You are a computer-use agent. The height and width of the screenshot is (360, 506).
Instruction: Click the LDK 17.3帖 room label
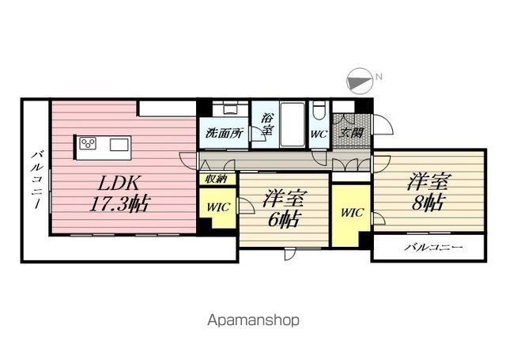click(119, 193)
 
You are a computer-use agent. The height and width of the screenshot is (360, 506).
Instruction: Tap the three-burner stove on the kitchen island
click(88, 143)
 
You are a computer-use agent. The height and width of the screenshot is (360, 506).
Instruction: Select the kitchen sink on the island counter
click(119, 144)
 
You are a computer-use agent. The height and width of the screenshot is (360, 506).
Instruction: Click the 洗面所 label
click(225, 133)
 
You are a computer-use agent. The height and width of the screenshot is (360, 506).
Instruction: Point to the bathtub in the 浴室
click(293, 124)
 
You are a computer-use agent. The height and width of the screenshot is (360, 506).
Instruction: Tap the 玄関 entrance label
click(351, 133)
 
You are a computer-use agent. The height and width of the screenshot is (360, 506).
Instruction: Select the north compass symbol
click(360, 81)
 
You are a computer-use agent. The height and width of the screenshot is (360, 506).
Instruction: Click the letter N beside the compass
click(379, 77)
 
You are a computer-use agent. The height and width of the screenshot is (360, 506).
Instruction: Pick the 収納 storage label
click(216, 179)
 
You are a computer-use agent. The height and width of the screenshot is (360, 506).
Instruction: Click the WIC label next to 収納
click(218, 207)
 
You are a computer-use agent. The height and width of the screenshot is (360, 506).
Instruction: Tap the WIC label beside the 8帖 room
click(352, 213)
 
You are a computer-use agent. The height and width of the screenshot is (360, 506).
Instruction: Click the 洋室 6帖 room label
click(282, 209)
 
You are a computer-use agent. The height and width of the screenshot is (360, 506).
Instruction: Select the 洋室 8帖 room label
click(427, 192)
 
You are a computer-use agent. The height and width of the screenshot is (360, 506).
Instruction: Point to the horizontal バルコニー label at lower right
click(433, 248)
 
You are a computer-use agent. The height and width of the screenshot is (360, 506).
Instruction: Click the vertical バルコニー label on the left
click(37, 180)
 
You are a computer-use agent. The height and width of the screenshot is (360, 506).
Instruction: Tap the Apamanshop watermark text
click(253, 320)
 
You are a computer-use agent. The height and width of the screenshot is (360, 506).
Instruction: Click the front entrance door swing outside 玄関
click(383, 124)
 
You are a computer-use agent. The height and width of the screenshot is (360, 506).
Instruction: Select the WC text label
click(319, 134)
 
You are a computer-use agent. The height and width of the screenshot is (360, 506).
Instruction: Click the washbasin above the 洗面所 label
click(230, 108)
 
